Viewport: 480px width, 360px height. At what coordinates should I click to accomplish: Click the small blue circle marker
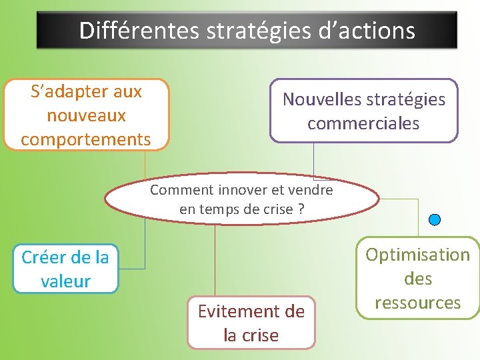(435, 219)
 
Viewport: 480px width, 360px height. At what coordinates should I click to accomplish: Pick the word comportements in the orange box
(86, 139)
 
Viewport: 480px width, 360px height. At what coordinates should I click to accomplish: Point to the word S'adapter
(63, 91)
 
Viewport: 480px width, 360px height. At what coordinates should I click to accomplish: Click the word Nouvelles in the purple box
(321, 99)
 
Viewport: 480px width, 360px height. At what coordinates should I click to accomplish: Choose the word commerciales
(363, 123)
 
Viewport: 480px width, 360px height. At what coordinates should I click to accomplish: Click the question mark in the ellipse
(301, 209)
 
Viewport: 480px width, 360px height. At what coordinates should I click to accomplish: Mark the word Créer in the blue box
(44, 257)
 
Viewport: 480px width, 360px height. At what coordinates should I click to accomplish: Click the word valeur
(65, 281)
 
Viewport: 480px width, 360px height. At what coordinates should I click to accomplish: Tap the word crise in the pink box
(261, 335)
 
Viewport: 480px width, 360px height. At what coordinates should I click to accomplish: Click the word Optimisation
(418, 255)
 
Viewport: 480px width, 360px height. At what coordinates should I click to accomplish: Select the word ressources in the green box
(418, 303)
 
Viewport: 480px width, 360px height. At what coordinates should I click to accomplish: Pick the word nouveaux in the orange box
(86, 115)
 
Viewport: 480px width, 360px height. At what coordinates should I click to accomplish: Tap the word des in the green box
(418, 279)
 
